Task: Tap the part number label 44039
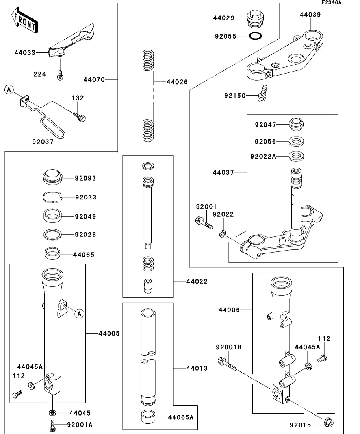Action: coord(310,15)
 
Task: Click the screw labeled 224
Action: coord(60,75)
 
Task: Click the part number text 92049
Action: coord(85,217)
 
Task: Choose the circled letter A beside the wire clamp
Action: coord(9,90)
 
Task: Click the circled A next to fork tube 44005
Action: coord(79,314)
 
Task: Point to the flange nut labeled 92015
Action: coord(328,423)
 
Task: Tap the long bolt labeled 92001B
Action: coord(226,363)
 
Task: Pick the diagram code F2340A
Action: coord(331,3)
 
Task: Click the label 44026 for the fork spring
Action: coord(177,82)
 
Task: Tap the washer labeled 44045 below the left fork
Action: coord(52,412)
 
